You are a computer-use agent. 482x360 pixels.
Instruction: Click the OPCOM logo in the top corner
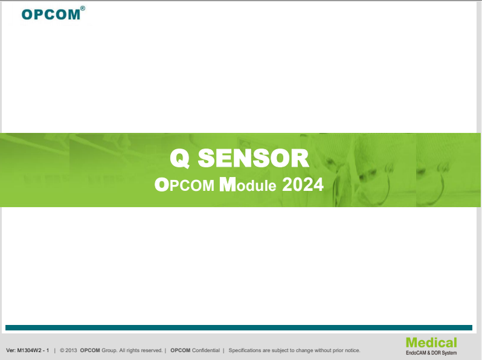click(x=51, y=14)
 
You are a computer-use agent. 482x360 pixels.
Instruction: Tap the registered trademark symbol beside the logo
click(x=83, y=8)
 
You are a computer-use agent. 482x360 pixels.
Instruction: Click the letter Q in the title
click(x=180, y=158)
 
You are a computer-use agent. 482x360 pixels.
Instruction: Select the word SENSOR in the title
click(x=253, y=158)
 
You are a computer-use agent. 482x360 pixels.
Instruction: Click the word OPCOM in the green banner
click(x=184, y=185)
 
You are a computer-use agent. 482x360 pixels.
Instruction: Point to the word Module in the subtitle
click(x=248, y=184)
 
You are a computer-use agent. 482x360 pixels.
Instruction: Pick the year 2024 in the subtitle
click(x=303, y=185)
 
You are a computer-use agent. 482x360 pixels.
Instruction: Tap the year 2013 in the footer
click(x=71, y=350)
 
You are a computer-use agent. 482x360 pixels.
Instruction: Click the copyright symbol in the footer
click(x=62, y=350)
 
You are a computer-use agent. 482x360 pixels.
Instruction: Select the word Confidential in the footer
click(x=206, y=350)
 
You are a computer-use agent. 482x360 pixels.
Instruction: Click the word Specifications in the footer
click(x=245, y=350)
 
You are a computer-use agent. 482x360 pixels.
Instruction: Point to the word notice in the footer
click(x=352, y=350)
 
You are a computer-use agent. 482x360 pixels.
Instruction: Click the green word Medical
click(x=431, y=342)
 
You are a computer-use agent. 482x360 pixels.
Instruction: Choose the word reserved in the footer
click(x=152, y=350)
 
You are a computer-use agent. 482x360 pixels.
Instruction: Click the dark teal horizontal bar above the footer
click(x=239, y=328)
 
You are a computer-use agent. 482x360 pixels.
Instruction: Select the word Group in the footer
click(x=109, y=350)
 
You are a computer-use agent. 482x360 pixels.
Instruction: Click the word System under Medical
click(x=449, y=353)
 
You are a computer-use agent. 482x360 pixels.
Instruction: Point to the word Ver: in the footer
click(x=11, y=350)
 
